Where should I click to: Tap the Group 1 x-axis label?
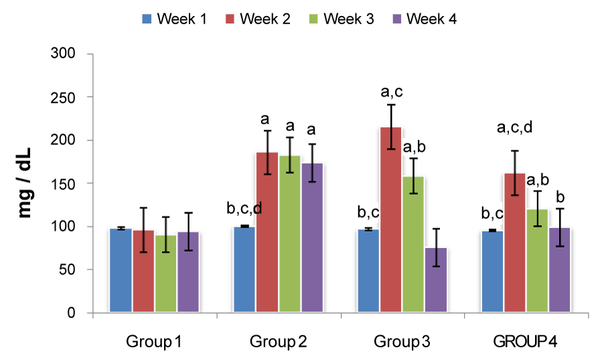tap(154, 343)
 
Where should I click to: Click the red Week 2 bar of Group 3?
tap(390, 220)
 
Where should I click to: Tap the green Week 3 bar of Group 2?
tap(289, 234)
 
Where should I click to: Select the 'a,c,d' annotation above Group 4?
tap(514, 128)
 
